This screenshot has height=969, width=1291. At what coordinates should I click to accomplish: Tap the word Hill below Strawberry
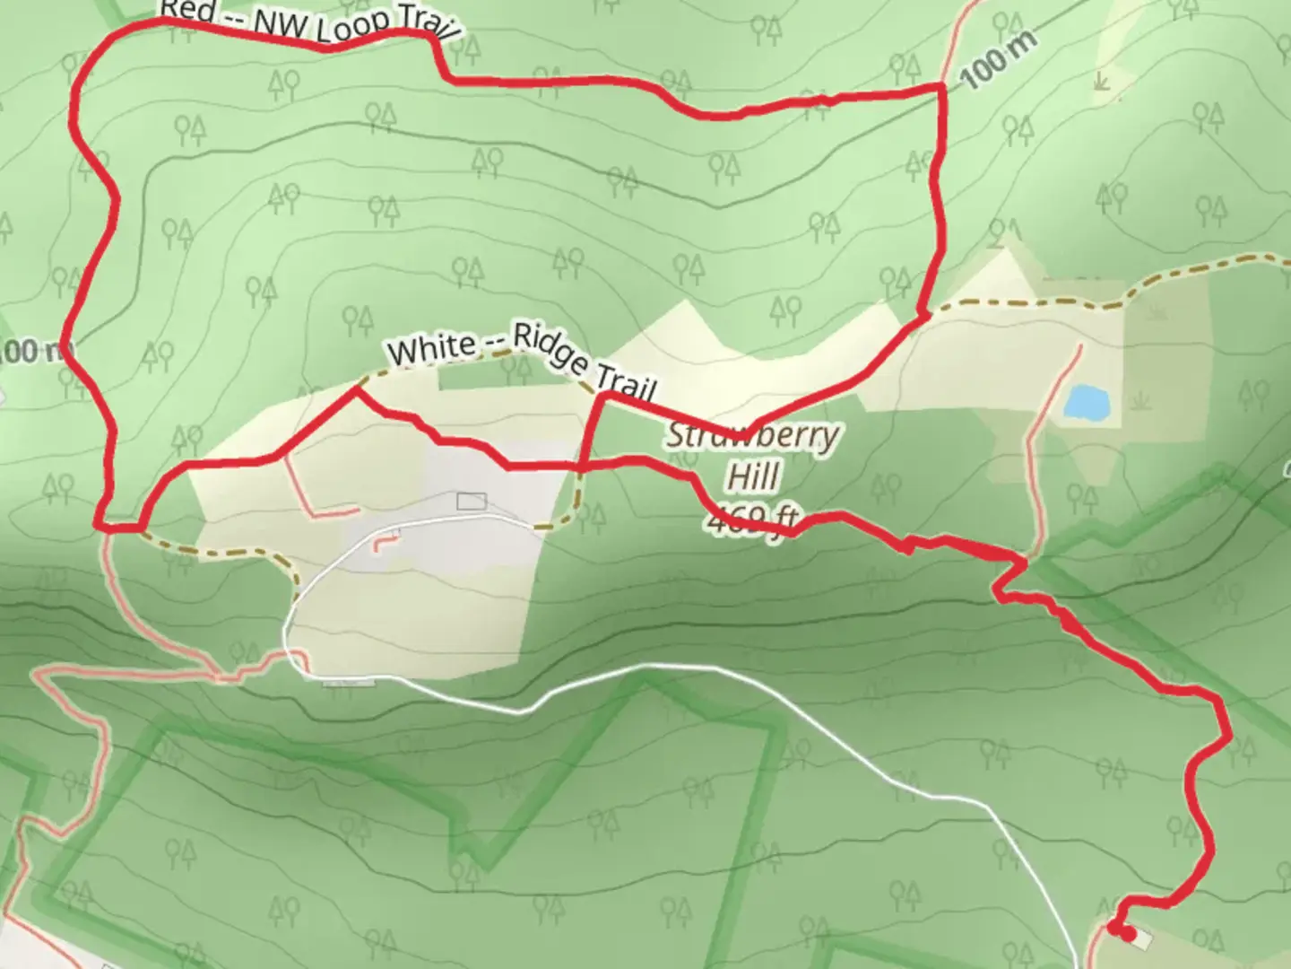coord(753,476)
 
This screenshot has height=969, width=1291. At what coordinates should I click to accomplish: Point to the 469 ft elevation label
coord(751,519)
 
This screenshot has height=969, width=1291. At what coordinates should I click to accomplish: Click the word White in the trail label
coord(432,349)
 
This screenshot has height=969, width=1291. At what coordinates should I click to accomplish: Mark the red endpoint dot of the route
coord(1125,935)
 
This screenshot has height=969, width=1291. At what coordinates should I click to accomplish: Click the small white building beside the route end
coord(1141,939)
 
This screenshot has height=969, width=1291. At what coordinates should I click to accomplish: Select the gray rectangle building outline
coord(471,501)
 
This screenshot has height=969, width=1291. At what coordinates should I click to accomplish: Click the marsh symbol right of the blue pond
coord(1140,397)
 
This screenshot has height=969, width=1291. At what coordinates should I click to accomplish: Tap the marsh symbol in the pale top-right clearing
coord(1101,82)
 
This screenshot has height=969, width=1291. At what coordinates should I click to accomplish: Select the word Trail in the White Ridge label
coord(628,388)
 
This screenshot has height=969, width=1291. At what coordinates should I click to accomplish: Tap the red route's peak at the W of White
coord(358,389)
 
